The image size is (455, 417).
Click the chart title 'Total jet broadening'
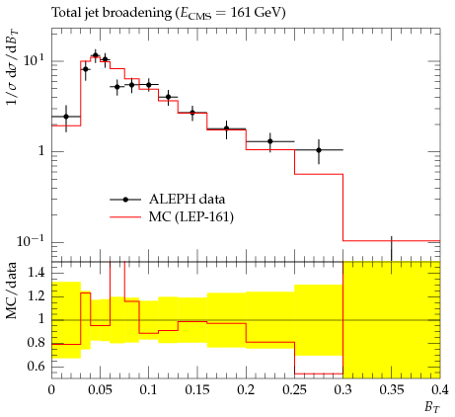pos(112,13)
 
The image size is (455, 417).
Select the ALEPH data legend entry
pos(168,200)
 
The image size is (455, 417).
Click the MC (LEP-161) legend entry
pos(172,217)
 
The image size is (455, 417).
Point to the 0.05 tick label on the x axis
pos(100,390)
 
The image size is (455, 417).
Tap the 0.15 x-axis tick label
pos(197,390)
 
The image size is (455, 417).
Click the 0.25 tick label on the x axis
pos(294,390)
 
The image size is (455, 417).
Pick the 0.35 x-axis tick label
pos(392,390)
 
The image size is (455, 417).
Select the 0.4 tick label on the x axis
pos(440,390)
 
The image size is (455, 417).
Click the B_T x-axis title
pos(432,407)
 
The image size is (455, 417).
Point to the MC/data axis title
pos(11,291)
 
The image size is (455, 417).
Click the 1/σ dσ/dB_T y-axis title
pos(12,67)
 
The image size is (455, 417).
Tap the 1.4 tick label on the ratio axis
pos(36,273)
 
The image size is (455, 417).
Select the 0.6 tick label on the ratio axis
pos(36,367)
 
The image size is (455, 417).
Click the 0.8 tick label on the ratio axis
pos(36,343)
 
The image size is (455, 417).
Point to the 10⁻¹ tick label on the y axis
pos(31,241)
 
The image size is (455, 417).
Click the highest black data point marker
pos(96,55)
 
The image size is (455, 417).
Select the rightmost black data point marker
pos(319,150)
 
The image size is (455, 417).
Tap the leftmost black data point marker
pos(66,117)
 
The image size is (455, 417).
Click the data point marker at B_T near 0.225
pos(270,141)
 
